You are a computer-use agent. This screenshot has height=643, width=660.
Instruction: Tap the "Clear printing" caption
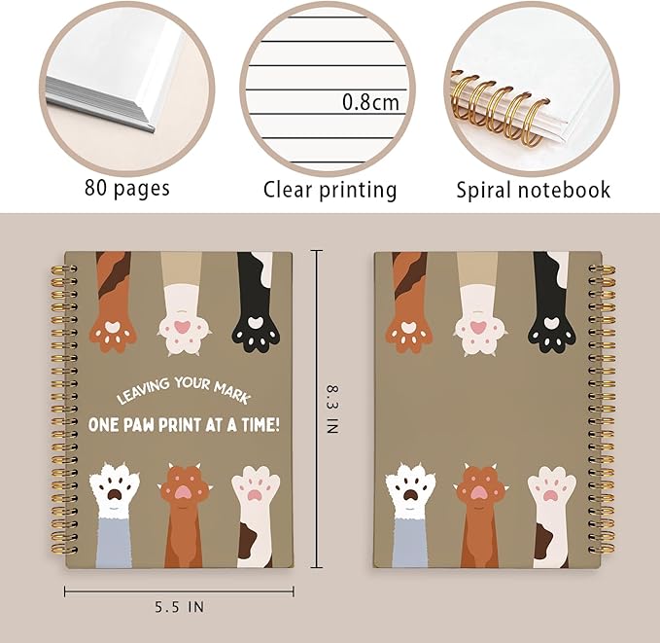click(x=330, y=189)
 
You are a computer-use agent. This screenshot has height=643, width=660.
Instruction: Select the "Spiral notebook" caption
click(x=534, y=189)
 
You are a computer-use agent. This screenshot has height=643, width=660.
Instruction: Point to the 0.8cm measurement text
click(x=369, y=102)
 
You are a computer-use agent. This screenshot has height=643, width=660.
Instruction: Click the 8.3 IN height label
click(x=330, y=411)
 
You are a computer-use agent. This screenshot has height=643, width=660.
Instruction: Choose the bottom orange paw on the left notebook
click(x=184, y=491)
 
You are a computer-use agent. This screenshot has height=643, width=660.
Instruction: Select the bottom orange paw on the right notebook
click(x=481, y=491)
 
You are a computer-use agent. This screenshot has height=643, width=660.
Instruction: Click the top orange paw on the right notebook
click(x=409, y=329)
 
